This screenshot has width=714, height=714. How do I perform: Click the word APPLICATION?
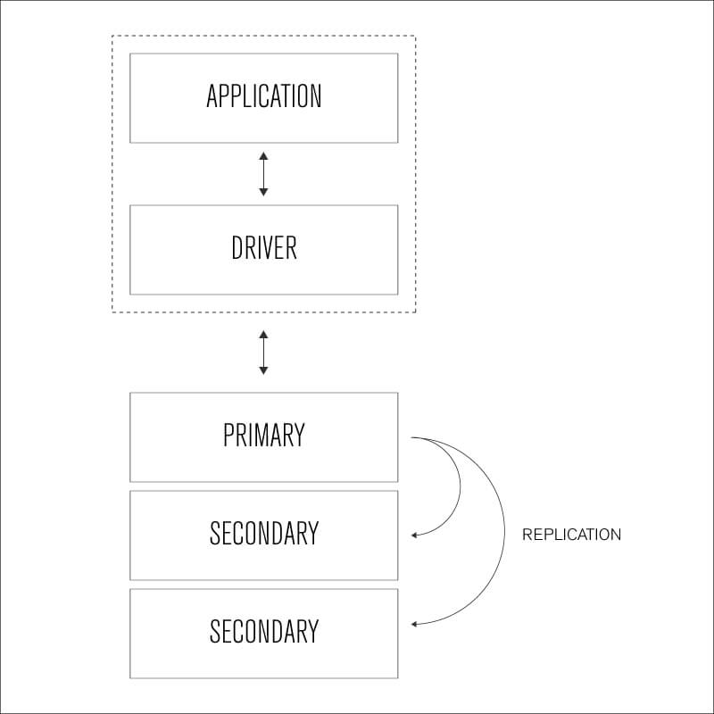tap(263, 96)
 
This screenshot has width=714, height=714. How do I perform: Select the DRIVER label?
tap(263, 248)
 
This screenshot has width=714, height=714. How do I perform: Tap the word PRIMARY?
tap(263, 436)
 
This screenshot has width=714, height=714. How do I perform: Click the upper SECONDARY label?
tap(263, 534)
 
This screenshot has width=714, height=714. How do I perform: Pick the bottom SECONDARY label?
tap(263, 632)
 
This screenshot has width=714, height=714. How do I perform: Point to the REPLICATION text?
tap(571, 535)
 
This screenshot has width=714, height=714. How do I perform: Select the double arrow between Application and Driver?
tap(263, 174)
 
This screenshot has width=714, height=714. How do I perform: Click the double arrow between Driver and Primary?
tap(263, 353)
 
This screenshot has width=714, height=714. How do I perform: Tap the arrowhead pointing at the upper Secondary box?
tap(415, 535)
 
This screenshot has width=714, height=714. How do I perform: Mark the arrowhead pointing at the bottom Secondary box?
tap(415, 624)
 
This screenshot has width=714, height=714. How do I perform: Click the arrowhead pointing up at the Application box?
tap(263, 156)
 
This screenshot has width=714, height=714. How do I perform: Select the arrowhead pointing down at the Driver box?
tap(263, 192)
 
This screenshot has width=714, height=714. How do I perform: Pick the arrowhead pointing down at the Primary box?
tap(263, 370)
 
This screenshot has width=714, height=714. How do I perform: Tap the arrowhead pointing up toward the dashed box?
tap(263, 334)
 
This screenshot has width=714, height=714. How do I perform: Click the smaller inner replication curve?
tap(459, 486)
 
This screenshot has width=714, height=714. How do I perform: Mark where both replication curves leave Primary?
tap(412, 438)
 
